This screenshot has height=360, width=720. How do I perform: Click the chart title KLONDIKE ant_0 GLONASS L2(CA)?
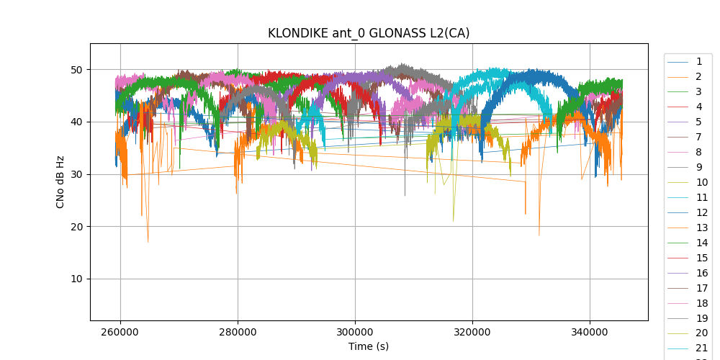369,33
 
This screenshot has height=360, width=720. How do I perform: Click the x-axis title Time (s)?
369,346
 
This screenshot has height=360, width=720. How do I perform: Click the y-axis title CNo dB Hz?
60,182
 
